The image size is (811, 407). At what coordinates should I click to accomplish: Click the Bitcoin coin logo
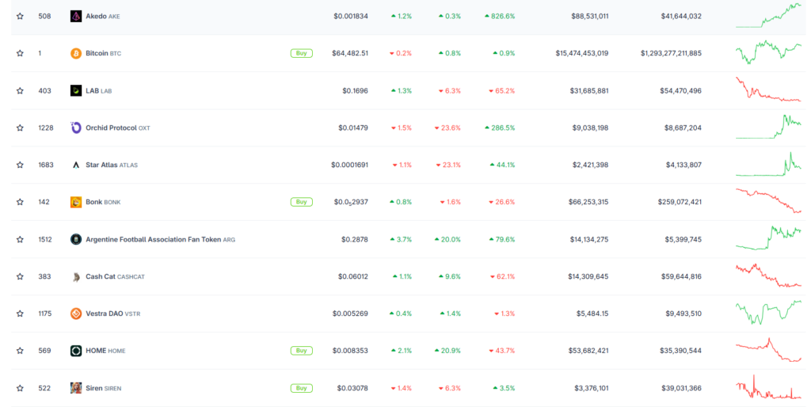click(x=76, y=53)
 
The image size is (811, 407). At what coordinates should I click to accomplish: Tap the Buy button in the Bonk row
click(x=302, y=202)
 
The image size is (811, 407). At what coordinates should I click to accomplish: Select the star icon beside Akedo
click(x=20, y=16)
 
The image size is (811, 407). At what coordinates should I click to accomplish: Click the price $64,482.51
click(x=350, y=53)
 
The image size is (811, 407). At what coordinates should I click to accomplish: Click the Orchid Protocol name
click(x=111, y=127)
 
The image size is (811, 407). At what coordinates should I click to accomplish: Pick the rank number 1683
click(x=45, y=165)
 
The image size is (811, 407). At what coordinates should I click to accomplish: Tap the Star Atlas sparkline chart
click(x=768, y=165)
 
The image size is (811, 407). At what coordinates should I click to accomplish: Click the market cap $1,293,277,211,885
click(x=671, y=53)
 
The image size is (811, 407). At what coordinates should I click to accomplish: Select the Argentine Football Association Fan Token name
click(x=153, y=239)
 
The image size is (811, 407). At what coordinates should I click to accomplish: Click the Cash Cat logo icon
click(x=76, y=277)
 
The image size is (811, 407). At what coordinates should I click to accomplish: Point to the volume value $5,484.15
click(x=592, y=314)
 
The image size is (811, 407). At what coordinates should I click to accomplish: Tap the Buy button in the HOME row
click(x=302, y=351)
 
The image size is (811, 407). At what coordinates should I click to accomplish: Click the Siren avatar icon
click(x=76, y=388)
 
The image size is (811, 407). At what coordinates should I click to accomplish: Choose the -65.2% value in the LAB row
click(x=501, y=90)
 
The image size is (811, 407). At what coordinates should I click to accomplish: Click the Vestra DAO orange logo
click(x=76, y=314)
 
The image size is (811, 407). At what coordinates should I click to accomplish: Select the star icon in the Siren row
click(x=20, y=388)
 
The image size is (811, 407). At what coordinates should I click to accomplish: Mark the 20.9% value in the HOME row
click(x=447, y=351)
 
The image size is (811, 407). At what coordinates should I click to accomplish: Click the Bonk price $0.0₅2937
click(x=351, y=202)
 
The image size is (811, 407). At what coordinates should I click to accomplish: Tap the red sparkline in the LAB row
click(x=768, y=89)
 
